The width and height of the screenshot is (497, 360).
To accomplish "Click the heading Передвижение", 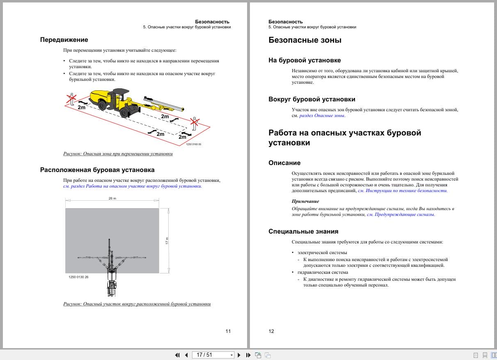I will coord(64,40).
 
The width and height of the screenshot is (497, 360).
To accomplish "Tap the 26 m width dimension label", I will coord(112,198).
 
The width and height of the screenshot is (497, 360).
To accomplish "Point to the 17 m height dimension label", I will coord(167,241).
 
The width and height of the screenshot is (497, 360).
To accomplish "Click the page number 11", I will coord(228,331).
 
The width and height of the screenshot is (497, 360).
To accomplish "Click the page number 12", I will coord(271,331).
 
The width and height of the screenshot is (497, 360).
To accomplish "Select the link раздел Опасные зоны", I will coord(322,116).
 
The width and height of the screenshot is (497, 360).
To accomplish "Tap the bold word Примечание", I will coord(305,201).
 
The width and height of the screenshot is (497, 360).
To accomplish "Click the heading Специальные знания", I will coord(303,232).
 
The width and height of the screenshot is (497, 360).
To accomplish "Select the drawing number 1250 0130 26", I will coord(78,277).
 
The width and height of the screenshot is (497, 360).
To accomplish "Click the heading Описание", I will coord(284,163).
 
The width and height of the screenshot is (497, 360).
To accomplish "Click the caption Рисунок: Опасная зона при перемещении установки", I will coord(118,154).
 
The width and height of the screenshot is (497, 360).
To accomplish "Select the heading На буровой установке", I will coord(305,60).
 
